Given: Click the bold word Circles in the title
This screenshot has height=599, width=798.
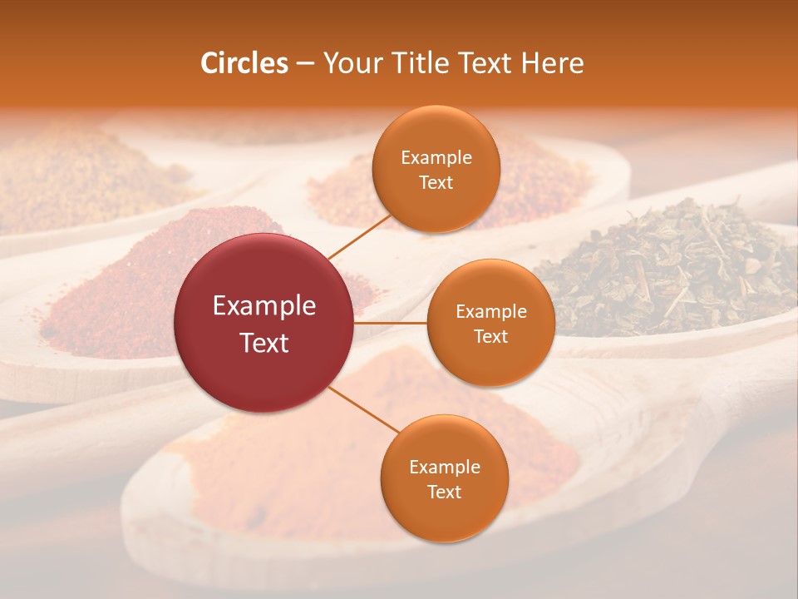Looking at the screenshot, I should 244,63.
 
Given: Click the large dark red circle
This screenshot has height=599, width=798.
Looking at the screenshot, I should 264,323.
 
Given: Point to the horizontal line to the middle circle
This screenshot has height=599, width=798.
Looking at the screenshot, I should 391,323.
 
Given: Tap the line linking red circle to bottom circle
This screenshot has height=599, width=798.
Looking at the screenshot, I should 362,410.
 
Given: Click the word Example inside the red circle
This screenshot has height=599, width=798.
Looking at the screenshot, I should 264,306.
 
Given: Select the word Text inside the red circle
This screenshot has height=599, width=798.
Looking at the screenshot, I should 264,343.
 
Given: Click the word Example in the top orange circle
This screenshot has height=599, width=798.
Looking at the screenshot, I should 436,158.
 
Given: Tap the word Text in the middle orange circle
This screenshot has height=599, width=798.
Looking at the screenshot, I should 491,336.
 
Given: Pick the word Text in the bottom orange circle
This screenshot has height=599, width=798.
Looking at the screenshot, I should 444,492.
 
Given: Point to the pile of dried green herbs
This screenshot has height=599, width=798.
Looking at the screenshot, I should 665,266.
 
